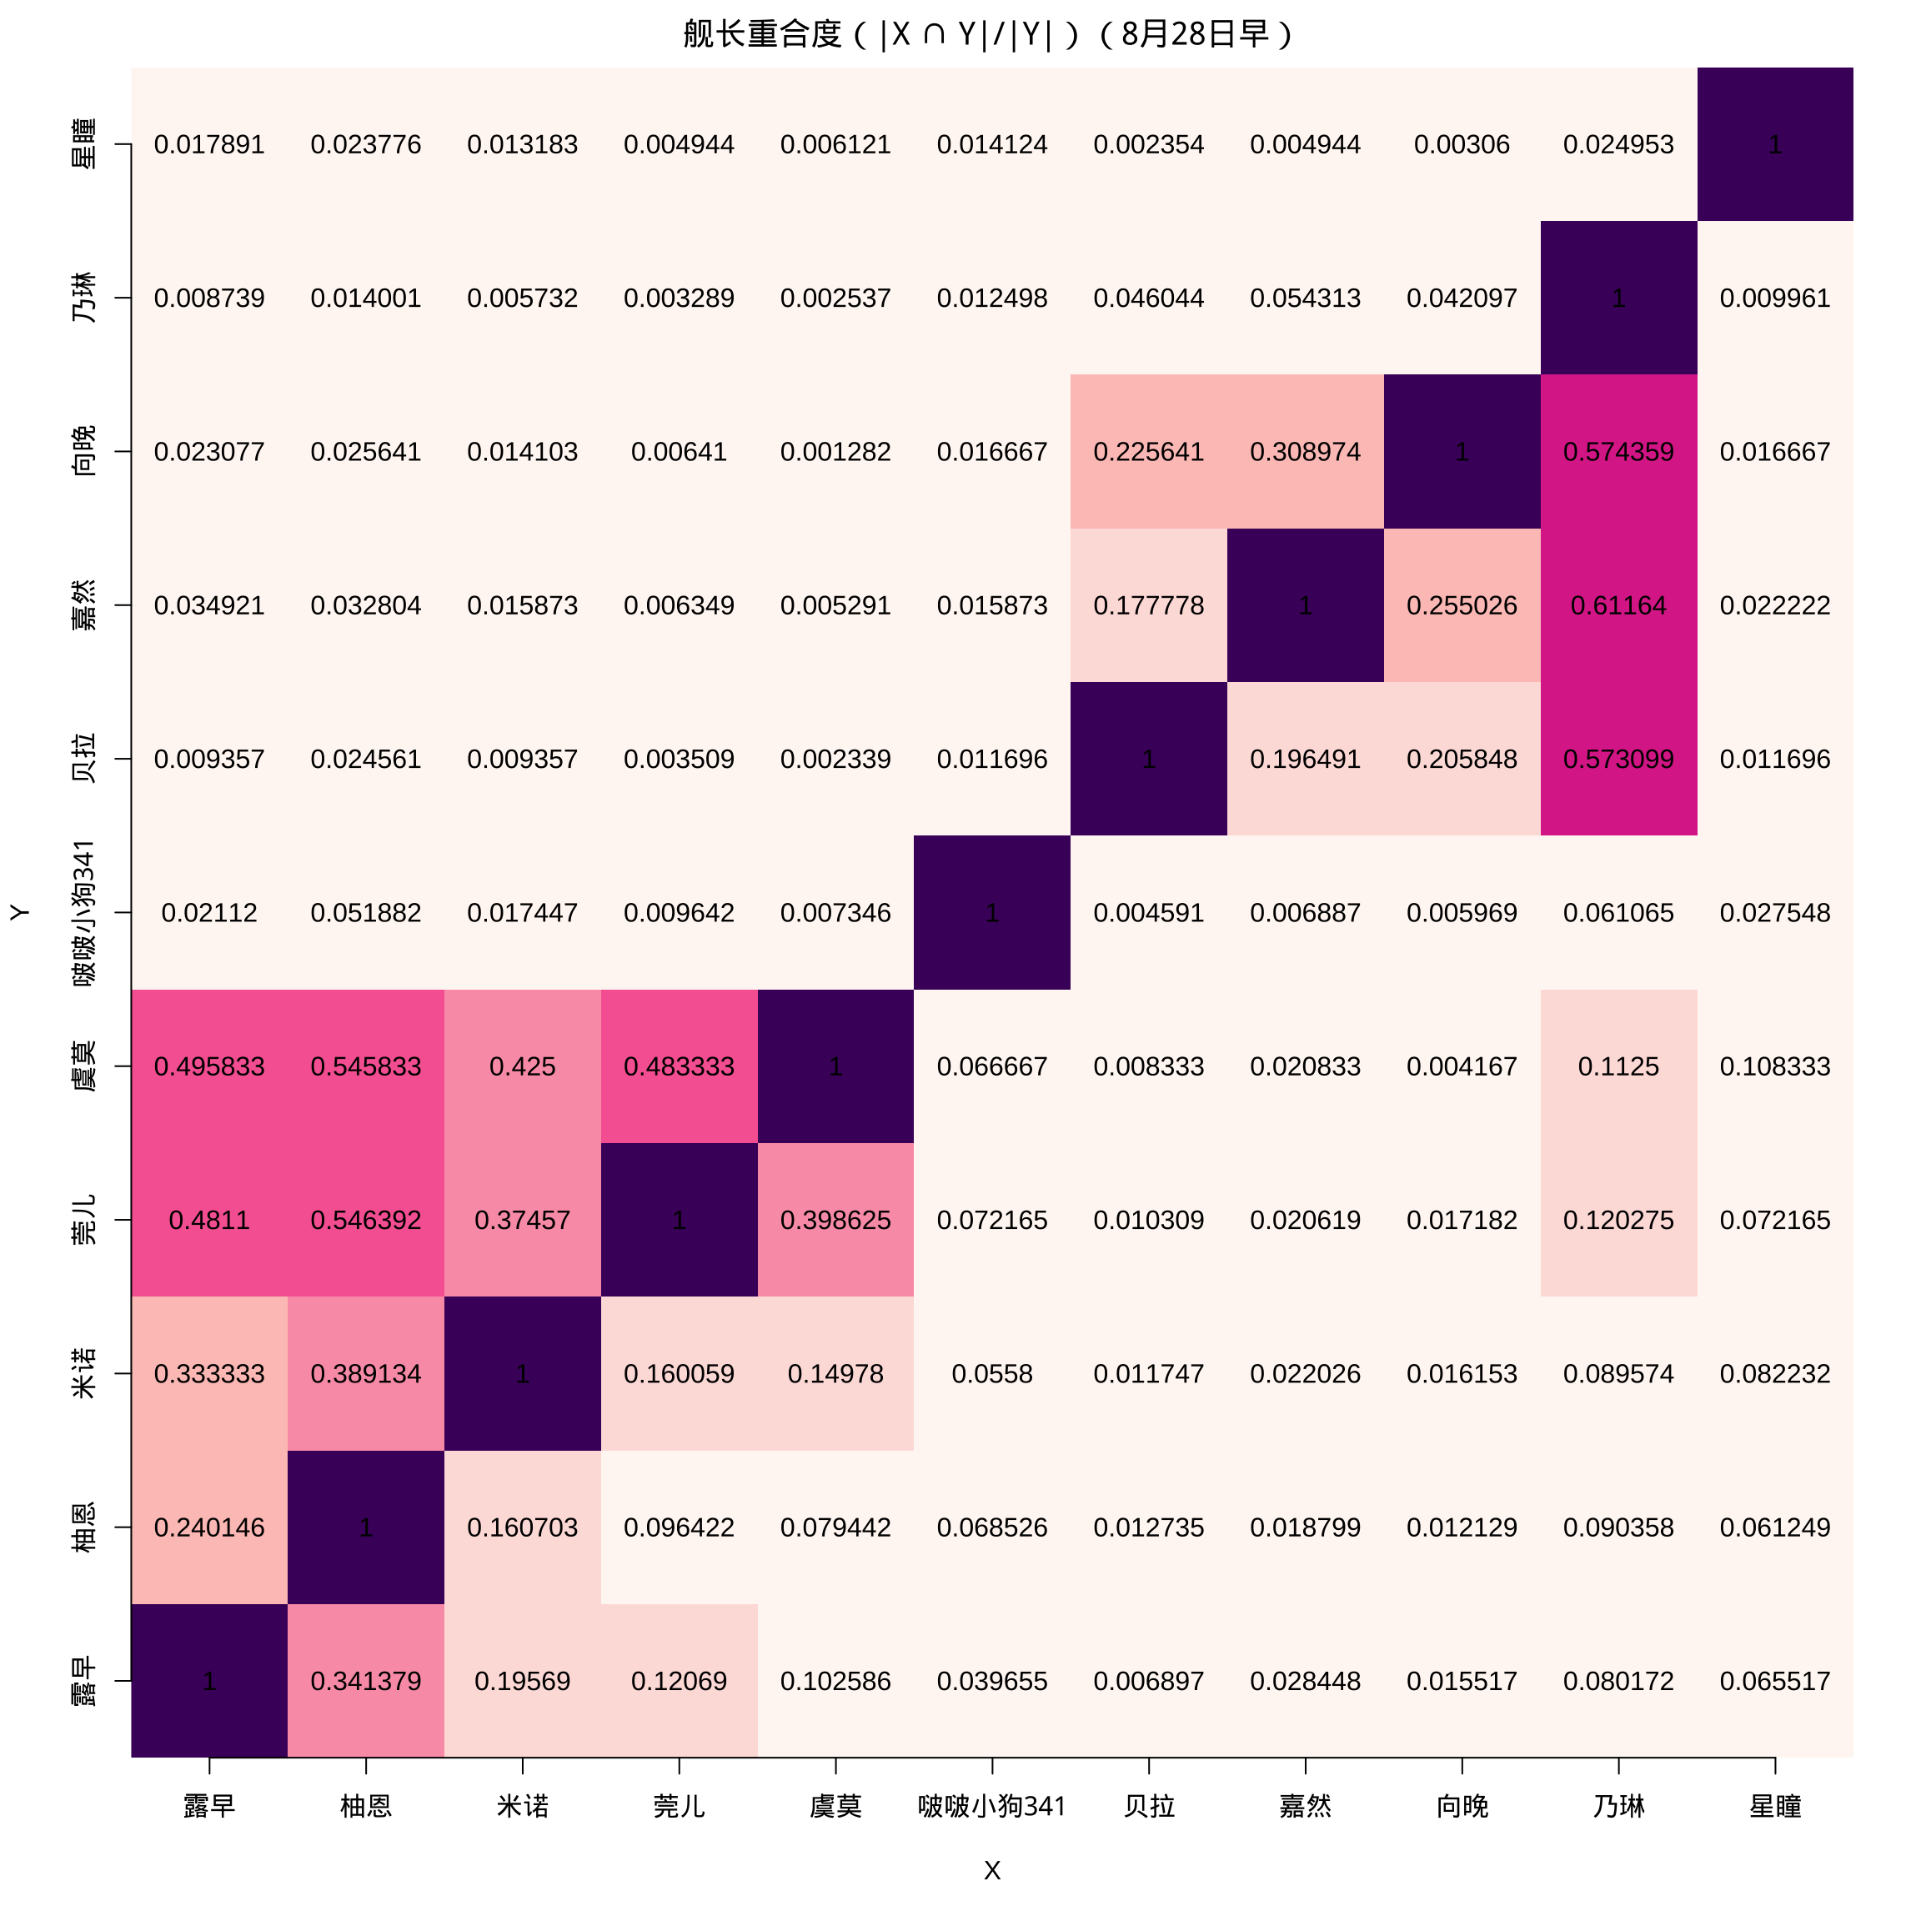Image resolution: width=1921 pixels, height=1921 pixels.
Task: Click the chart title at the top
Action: point(987,35)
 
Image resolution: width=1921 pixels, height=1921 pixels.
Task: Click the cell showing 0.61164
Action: point(1618,605)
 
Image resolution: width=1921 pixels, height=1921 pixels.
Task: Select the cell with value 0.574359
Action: point(1618,453)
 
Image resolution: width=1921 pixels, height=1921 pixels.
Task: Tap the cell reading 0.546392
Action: point(366,1220)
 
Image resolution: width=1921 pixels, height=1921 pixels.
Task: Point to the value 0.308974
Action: point(1305,453)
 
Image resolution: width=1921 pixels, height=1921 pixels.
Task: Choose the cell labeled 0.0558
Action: point(991,1374)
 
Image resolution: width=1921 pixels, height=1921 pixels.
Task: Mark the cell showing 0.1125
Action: point(1618,1067)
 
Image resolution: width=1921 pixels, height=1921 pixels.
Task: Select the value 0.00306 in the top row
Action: point(1462,145)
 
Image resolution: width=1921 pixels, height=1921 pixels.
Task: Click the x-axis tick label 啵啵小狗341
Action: point(991,1806)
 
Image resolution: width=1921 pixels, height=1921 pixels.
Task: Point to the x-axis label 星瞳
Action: point(1775,1806)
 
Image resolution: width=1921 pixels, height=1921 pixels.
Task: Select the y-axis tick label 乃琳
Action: point(84,298)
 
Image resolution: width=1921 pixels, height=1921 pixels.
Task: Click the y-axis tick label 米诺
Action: point(84,1373)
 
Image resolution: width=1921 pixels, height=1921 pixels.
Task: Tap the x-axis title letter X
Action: point(991,1870)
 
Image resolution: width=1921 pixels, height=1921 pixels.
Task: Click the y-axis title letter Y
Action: point(19,912)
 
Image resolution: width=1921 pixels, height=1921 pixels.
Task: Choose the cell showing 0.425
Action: point(522,1067)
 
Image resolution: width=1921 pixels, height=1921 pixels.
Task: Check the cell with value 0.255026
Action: point(1462,605)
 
